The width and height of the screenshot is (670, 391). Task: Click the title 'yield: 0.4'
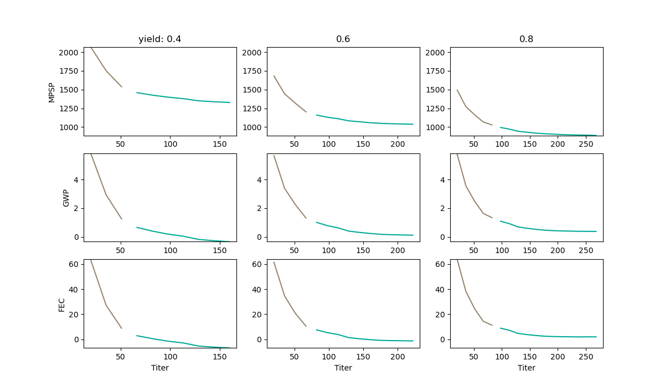pos(159,39)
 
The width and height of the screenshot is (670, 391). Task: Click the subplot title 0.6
pos(343,39)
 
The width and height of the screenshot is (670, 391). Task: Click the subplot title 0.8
pos(526,39)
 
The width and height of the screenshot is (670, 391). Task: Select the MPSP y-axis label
pos(51,91)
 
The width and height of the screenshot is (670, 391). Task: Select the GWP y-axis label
pos(66,198)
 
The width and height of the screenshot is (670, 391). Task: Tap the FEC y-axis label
pos(61,304)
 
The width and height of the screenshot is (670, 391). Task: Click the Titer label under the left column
pos(159,368)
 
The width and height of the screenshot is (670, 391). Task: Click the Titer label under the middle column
pos(343,368)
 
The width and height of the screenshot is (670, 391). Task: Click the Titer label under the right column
pos(526,368)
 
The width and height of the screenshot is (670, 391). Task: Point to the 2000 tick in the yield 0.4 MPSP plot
pos(69,53)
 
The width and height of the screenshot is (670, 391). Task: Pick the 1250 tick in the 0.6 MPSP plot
pos(252,109)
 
